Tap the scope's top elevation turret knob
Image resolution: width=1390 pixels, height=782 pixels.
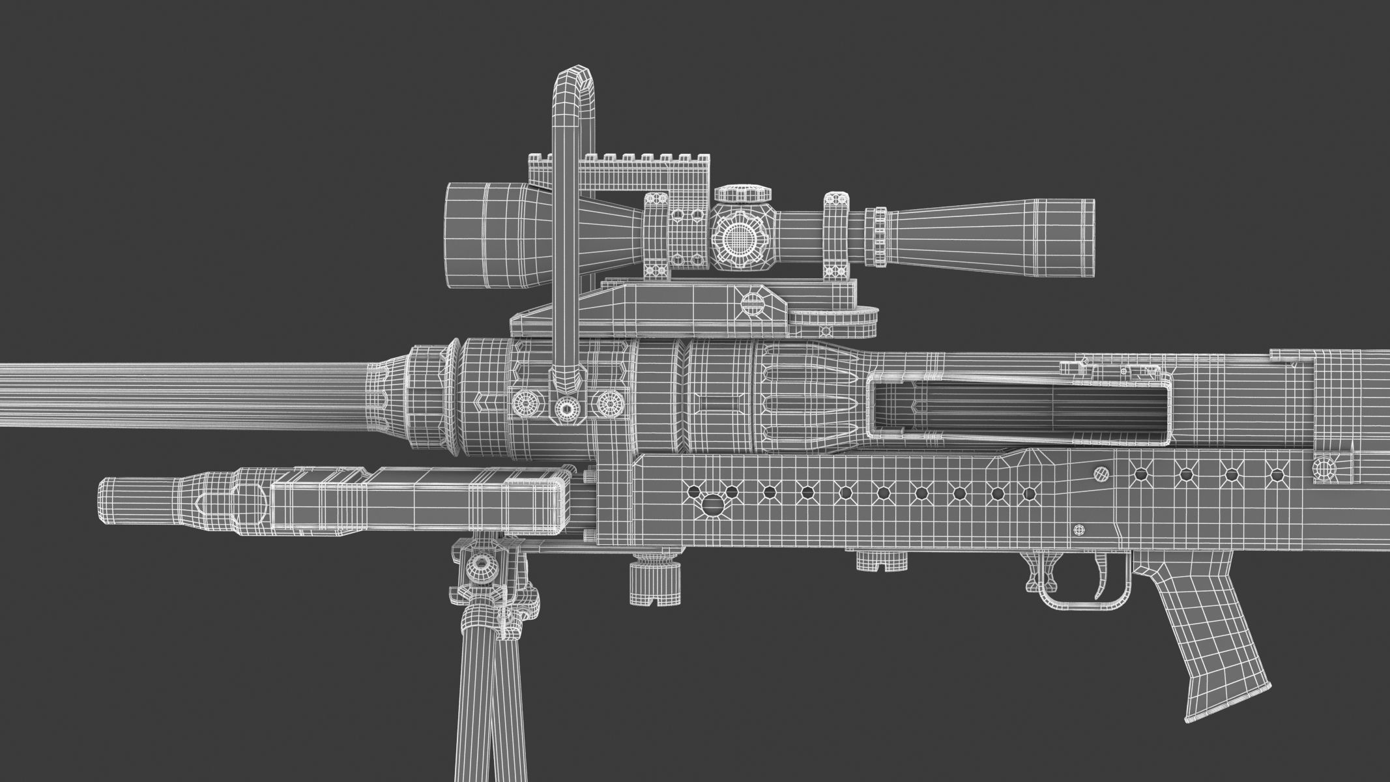coord(742,194)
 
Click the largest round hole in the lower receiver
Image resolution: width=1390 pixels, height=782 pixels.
coord(712,503)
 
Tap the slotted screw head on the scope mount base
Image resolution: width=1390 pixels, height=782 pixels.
coord(753,302)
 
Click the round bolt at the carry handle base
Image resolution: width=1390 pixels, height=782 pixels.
coord(566,409)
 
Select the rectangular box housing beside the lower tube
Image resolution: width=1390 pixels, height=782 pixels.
coord(417,499)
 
